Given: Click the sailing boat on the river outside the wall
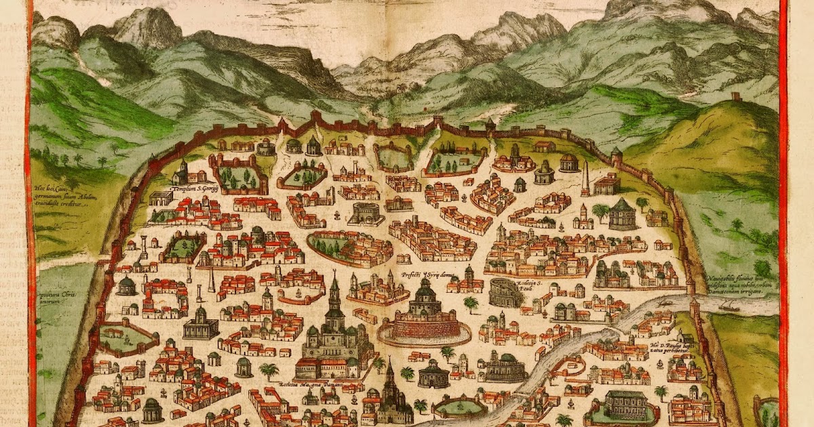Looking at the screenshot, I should click(x=730, y=306).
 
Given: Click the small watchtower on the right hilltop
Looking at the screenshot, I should click(x=737, y=96).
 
